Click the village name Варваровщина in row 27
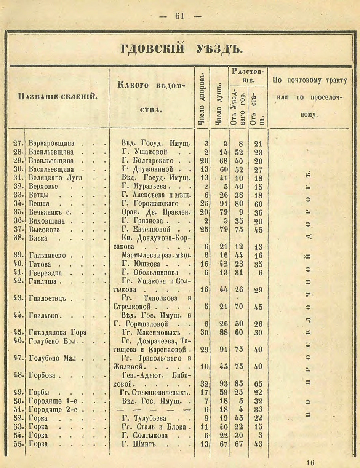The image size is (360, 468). click(51, 144)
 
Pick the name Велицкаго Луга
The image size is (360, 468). click(56, 178)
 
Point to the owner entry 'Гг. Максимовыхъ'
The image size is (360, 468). click(150, 332)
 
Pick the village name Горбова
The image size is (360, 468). click(42, 375)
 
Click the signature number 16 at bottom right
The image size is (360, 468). click(310, 463)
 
